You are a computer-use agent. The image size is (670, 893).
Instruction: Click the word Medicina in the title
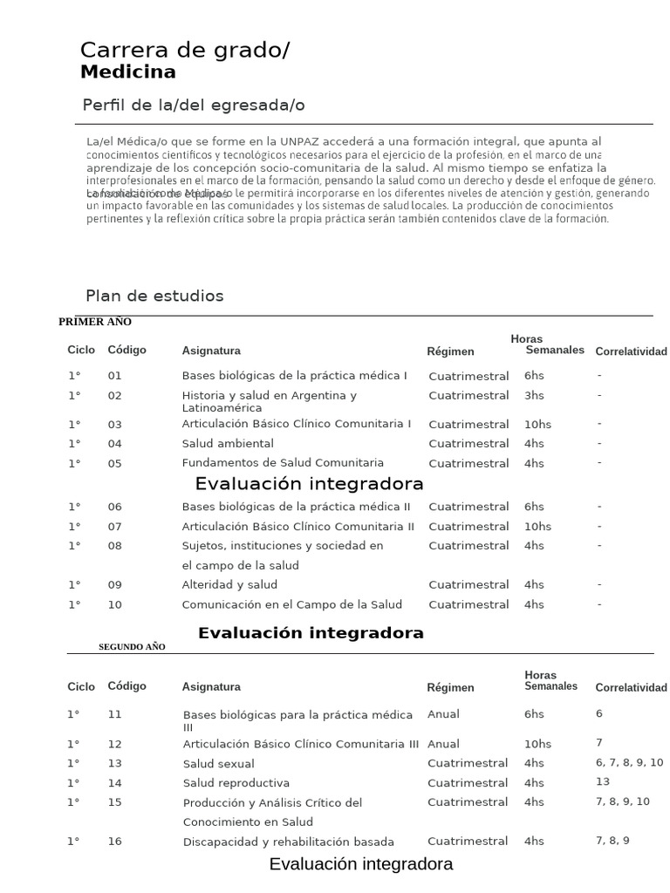pyautogui.click(x=127, y=72)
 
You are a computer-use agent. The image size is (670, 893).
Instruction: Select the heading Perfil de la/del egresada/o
pyautogui.click(x=193, y=106)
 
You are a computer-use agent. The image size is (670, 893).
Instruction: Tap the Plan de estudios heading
pyautogui.click(x=154, y=296)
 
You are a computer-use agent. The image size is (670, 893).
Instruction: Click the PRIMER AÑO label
pyautogui.click(x=94, y=322)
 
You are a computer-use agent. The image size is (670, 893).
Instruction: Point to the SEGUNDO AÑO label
pyautogui.click(x=132, y=647)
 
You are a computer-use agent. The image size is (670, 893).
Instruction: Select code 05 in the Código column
pyautogui.click(x=115, y=464)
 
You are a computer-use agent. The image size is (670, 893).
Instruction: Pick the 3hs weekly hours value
pyautogui.click(x=534, y=396)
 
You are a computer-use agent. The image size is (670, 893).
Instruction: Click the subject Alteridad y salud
pyautogui.click(x=229, y=585)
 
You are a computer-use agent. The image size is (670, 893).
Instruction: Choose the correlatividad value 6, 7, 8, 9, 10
pyautogui.click(x=629, y=763)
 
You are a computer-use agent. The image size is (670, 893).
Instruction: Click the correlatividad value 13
pyautogui.click(x=603, y=782)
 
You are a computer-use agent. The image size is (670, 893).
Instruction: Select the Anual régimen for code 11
pyautogui.click(x=443, y=714)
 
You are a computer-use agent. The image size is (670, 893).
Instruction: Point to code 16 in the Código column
pyautogui.click(x=115, y=842)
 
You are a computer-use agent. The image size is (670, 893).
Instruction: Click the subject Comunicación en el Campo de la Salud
pyautogui.click(x=292, y=604)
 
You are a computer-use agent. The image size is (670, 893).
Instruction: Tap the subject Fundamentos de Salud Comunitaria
pyautogui.click(x=283, y=463)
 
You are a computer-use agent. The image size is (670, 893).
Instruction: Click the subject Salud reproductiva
pyautogui.click(x=236, y=783)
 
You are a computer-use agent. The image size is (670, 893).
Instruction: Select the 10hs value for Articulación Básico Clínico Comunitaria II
pyautogui.click(x=537, y=527)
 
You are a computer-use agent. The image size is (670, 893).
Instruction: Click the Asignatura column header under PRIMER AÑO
pyautogui.click(x=211, y=351)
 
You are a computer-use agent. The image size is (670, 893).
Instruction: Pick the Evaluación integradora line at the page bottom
pyautogui.click(x=361, y=865)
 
